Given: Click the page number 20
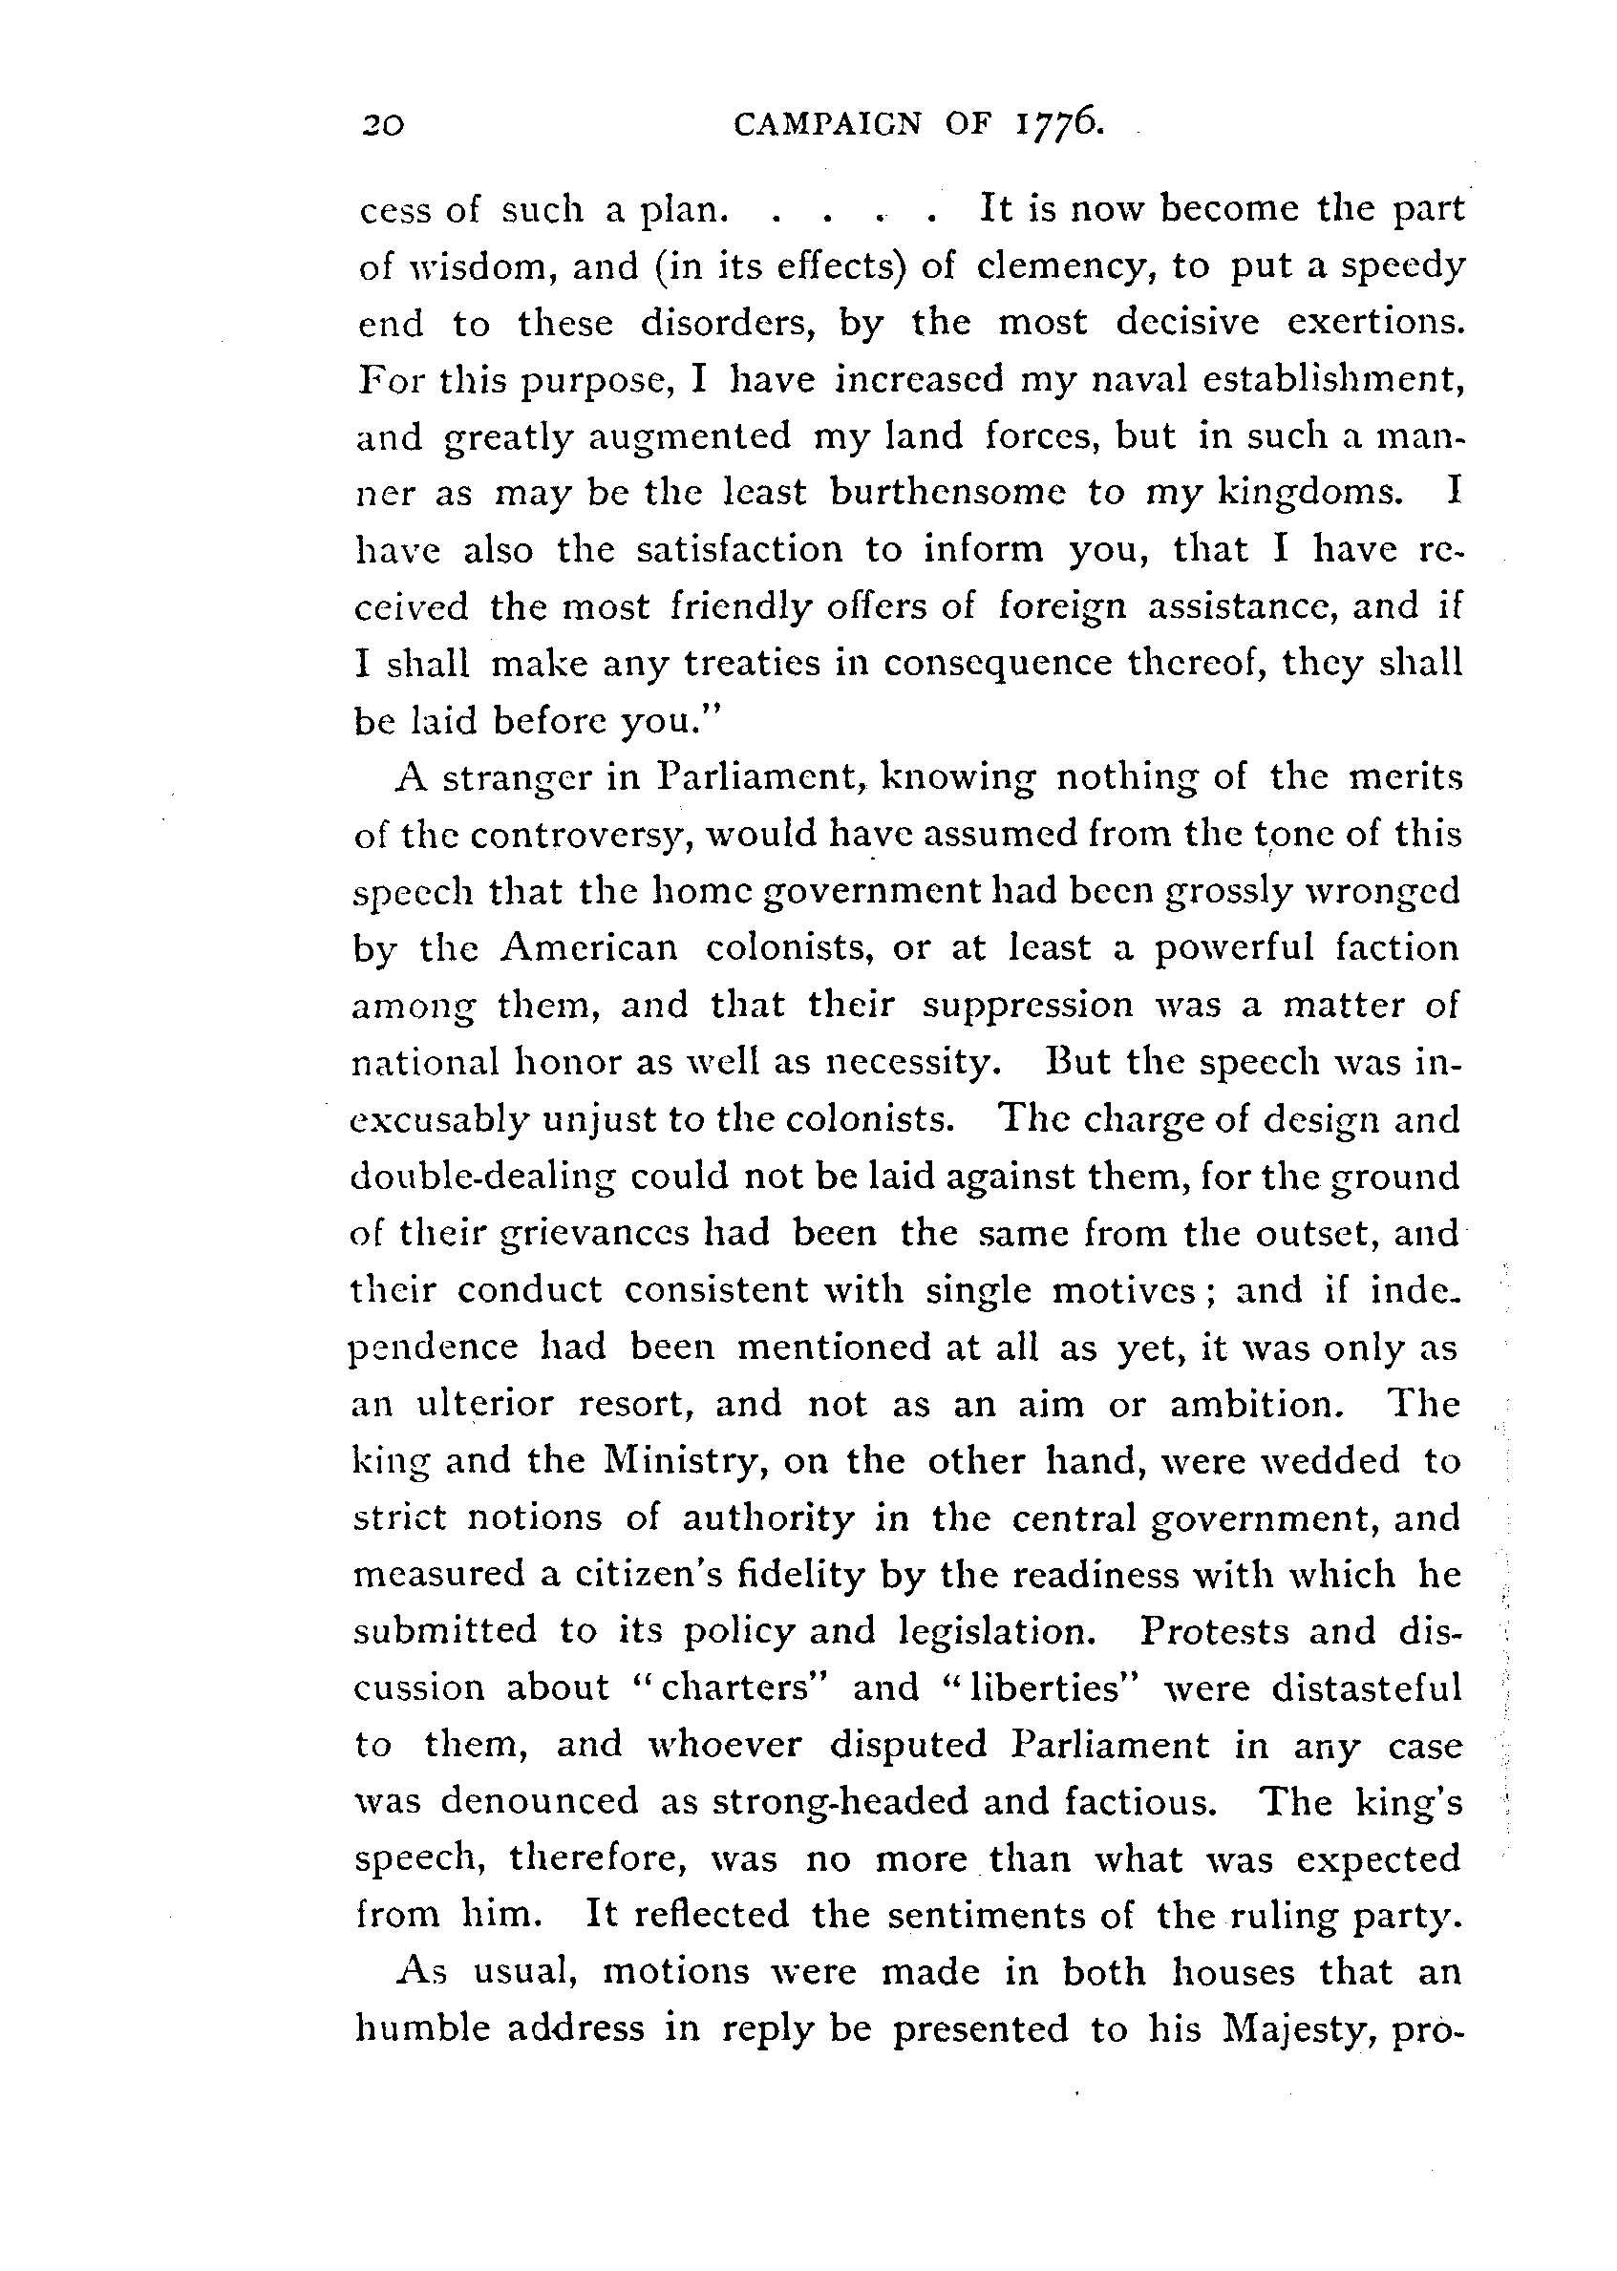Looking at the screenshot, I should coord(383,125).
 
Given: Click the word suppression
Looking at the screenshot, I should coord(1028,1006).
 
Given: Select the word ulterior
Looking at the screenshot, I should coord(485,1404).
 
